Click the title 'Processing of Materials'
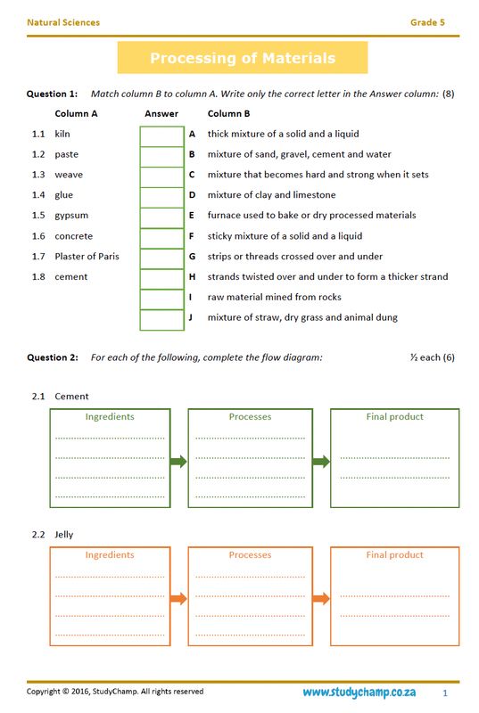243,59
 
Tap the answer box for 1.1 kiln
161,135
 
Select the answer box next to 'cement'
161,277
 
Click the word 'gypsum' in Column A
71,216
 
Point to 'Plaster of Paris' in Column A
87,257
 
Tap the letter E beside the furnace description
192,216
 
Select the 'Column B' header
228,114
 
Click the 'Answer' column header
161,114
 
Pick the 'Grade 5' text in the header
427,22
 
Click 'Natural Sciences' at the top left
63,22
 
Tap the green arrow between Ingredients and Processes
178,462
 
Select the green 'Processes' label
250,417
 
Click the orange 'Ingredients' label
110,555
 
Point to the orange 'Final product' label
394,555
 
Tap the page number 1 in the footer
445,693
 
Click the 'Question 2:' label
53,357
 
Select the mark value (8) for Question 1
448,94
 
